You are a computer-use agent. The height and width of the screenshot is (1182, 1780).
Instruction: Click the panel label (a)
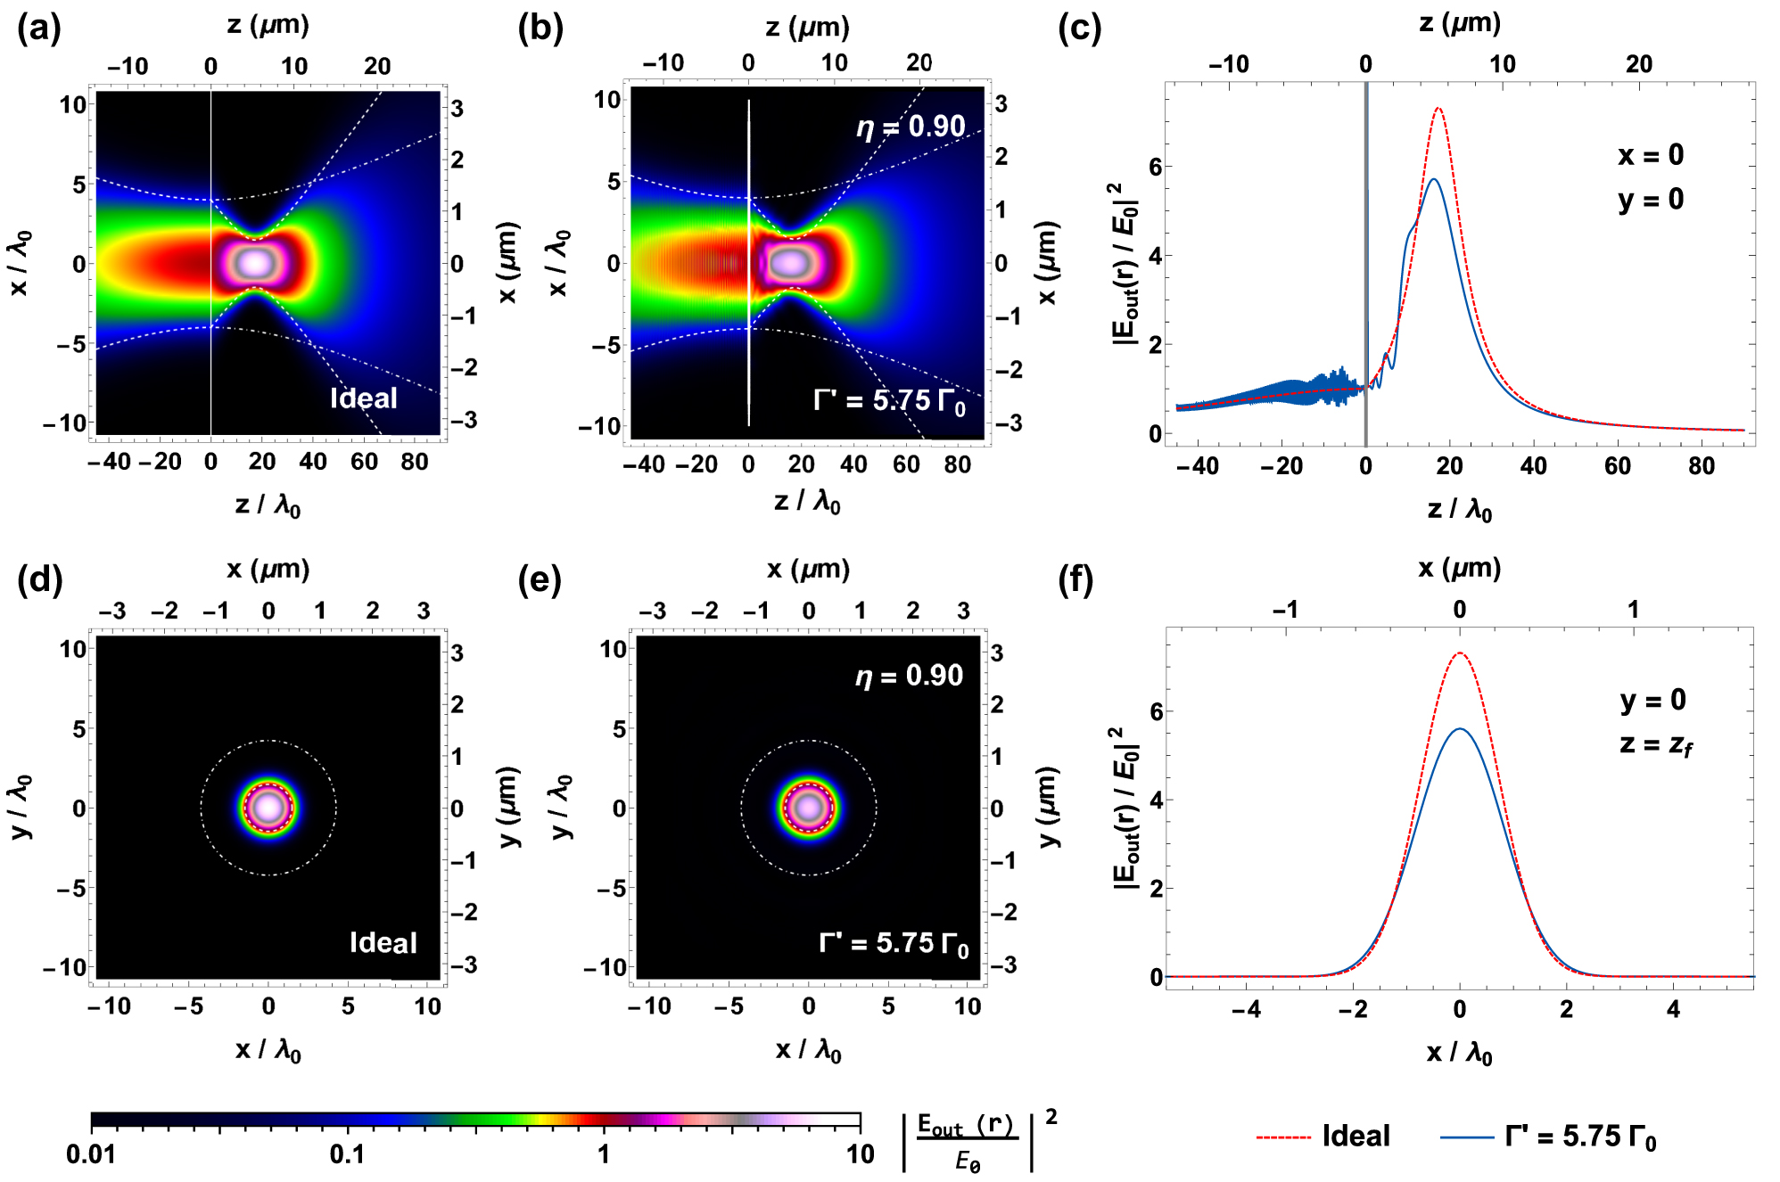coord(38,29)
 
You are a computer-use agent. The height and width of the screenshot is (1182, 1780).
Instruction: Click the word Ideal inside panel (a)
coord(363,398)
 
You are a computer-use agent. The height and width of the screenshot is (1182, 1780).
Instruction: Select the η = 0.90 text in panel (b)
coord(911,127)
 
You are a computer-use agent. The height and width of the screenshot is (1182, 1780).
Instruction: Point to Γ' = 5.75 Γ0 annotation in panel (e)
coord(894,944)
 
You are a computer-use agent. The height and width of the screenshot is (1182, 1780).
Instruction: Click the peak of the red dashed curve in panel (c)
coord(1438,109)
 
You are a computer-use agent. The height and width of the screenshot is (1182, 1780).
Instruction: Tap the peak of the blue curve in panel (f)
coord(1459,729)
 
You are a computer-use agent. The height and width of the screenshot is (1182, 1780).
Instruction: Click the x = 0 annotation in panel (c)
coord(1651,155)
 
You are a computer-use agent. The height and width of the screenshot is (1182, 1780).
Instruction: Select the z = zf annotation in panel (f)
coord(1655,744)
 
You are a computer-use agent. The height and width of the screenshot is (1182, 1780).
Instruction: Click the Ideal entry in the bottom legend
coord(1356,1137)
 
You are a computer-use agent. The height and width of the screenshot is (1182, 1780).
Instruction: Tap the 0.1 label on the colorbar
coord(347,1155)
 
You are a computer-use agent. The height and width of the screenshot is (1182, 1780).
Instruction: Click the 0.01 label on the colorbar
coord(91,1155)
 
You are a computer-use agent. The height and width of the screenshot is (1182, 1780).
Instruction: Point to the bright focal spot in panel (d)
coord(268,808)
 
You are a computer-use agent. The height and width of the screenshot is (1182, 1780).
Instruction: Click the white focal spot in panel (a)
coord(256,263)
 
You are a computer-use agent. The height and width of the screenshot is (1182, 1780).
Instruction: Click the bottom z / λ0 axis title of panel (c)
coord(1459,510)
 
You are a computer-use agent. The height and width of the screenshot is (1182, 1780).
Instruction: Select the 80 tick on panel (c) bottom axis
coord(1701,466)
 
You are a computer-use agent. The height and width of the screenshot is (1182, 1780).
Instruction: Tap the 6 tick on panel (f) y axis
coord(1156,711)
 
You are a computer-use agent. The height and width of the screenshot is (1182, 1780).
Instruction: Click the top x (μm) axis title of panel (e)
coord(807,570)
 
